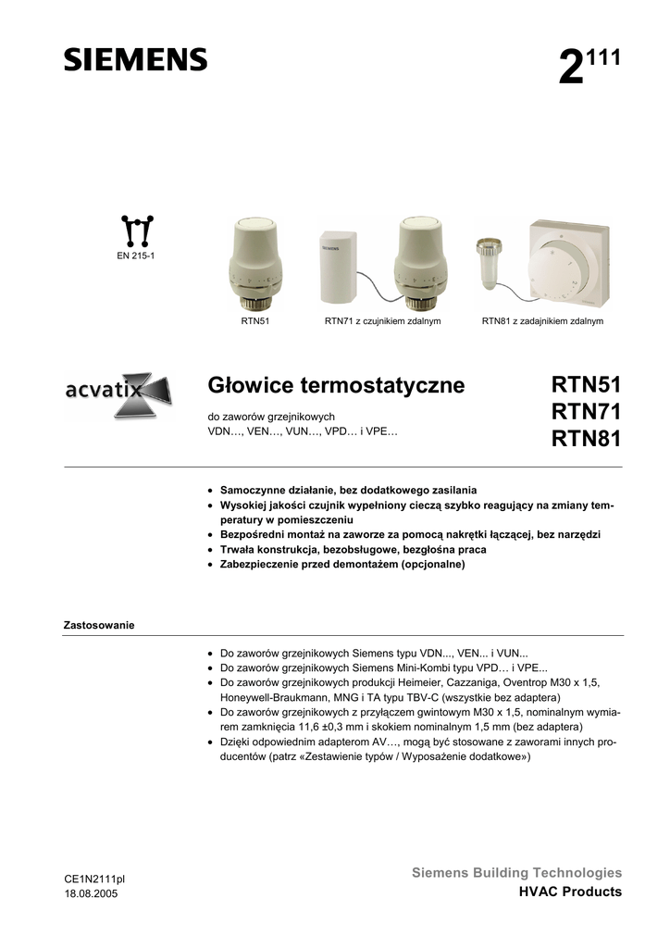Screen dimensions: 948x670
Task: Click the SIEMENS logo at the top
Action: tap(135, 60)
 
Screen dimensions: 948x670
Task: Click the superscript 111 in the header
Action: tap(603, 57)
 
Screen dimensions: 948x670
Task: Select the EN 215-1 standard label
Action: tap(135, 254)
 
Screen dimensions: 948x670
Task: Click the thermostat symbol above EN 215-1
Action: tap(136, 229)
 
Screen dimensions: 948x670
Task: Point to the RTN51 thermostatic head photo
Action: tap(254, 263)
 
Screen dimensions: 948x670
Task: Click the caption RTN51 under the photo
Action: tap(254, 321)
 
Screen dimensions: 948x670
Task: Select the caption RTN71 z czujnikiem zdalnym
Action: tap(382, 321)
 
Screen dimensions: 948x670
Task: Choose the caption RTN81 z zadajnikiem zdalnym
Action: tap(542, 321)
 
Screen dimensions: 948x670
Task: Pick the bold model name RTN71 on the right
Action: tap(587, 411)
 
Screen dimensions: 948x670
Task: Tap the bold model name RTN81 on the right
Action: tap(587, 438)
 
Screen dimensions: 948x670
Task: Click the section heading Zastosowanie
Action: tap(98, 625)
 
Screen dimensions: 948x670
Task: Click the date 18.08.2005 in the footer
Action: tap(91, 893)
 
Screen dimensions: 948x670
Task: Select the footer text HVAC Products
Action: tap(570, 892)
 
